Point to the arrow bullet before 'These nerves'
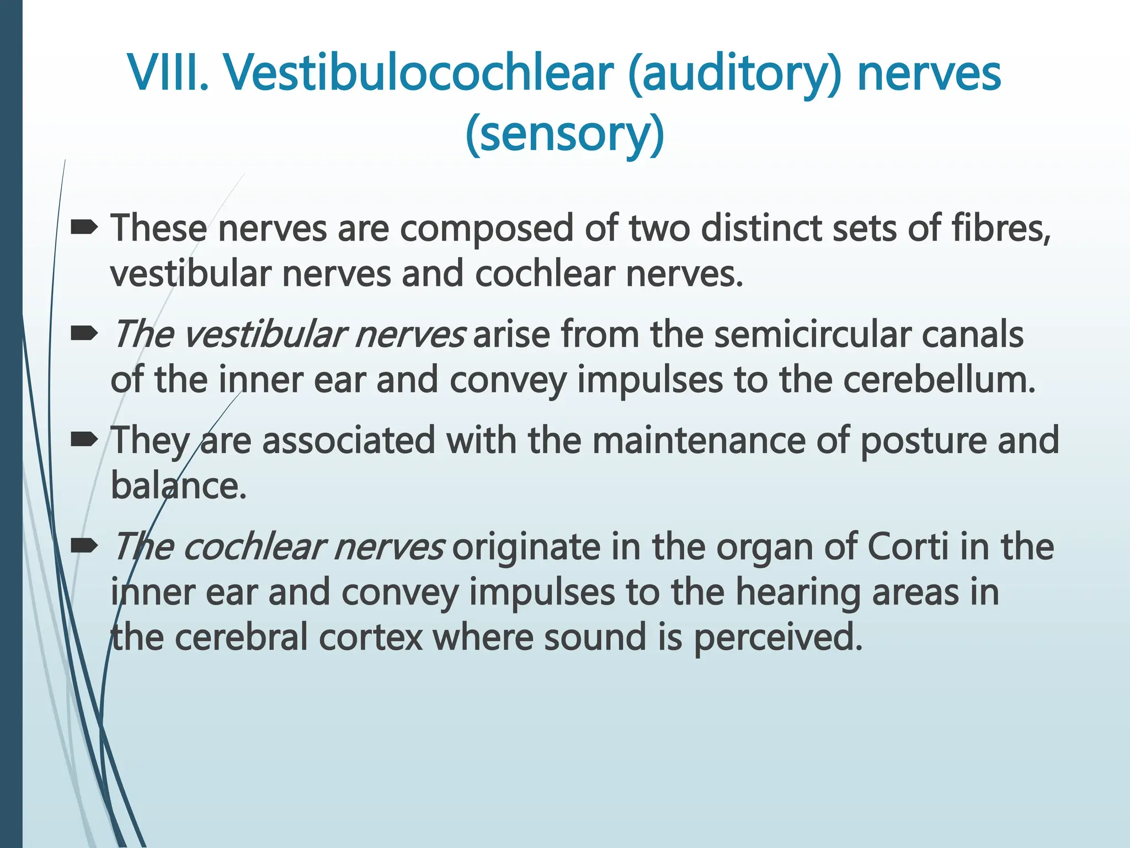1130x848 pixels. coord(84,227)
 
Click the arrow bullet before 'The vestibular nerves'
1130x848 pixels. coord(84,333)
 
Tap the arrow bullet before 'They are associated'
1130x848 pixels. coord(84,439)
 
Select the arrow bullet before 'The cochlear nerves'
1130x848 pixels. coord(84,546)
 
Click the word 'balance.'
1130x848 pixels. coord(178,486)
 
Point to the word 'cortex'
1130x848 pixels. coord(370,638)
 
